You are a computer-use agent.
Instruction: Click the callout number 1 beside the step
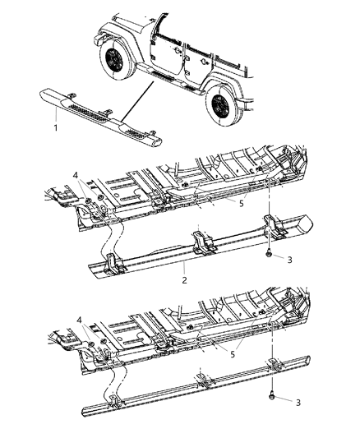[x=55, y=129]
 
